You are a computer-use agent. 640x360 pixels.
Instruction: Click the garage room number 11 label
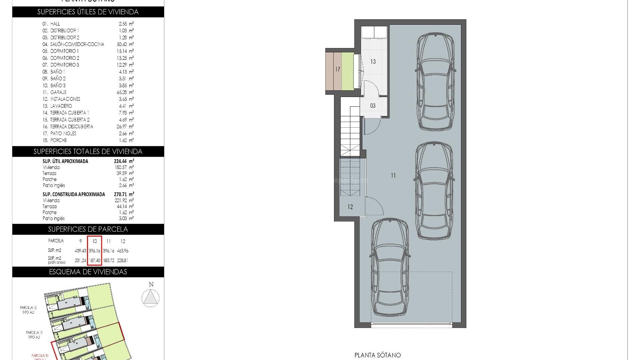393,175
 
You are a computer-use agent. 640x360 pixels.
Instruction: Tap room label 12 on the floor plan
350,207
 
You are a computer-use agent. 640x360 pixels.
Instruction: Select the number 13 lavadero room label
373,62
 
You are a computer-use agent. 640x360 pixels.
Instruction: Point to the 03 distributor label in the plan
373,106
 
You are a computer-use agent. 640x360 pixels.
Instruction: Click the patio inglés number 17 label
338,69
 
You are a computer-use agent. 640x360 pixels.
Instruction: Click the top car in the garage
435,82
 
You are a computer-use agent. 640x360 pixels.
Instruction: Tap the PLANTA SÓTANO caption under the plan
377,355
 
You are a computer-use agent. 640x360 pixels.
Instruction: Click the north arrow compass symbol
150,297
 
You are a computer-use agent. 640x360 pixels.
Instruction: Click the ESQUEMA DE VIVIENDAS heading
88,272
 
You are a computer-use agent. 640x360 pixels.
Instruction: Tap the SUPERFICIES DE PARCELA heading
88,229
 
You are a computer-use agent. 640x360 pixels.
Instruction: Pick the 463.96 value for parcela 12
123,251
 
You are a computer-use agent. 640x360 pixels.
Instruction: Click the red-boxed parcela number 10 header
95,241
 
